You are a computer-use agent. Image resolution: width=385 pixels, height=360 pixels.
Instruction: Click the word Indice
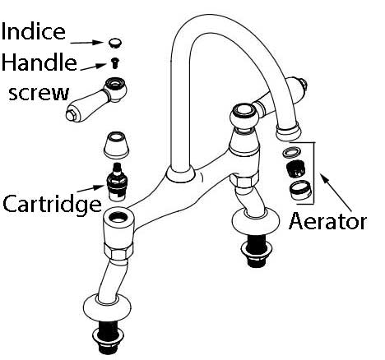34,31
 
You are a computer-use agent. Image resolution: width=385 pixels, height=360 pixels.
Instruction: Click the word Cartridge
52,205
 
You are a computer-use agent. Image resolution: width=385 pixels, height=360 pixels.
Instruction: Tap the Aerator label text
327,221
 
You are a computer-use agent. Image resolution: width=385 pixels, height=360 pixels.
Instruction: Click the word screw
39,93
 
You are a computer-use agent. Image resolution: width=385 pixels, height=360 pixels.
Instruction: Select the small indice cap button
115,44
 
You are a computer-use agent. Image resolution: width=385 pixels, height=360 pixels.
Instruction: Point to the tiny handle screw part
115,63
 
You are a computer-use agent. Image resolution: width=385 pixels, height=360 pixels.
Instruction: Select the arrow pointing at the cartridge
90,189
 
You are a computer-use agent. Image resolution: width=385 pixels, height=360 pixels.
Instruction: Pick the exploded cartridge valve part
117,182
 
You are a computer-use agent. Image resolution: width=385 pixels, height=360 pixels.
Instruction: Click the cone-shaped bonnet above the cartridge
116,145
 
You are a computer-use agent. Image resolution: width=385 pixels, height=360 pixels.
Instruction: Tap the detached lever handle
96,99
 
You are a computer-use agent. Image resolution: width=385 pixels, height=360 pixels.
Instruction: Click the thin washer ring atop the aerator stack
291,153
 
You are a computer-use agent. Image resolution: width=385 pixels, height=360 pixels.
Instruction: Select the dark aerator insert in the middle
295,168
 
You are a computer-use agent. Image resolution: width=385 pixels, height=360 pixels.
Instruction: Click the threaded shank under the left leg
106,340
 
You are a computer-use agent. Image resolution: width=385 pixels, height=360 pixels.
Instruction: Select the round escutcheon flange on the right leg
256,220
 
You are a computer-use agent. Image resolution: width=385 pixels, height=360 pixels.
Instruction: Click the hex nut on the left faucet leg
118,250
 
